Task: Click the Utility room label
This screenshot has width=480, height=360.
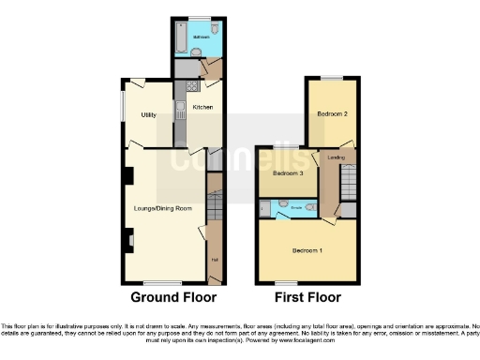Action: coord(148,114)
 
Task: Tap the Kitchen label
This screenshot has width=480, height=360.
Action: coord(202,108)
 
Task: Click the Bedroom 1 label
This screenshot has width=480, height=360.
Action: coord(307,250)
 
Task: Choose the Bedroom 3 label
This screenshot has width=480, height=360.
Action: coord(289,173)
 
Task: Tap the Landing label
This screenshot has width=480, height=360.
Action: coord(336,157)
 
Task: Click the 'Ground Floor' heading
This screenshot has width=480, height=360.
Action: coord(168,298)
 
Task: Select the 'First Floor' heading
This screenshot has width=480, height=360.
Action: coord(306,298)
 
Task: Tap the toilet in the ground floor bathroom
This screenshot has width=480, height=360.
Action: coord(215,30)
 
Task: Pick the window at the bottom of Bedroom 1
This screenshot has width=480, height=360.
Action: coord(288,282)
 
